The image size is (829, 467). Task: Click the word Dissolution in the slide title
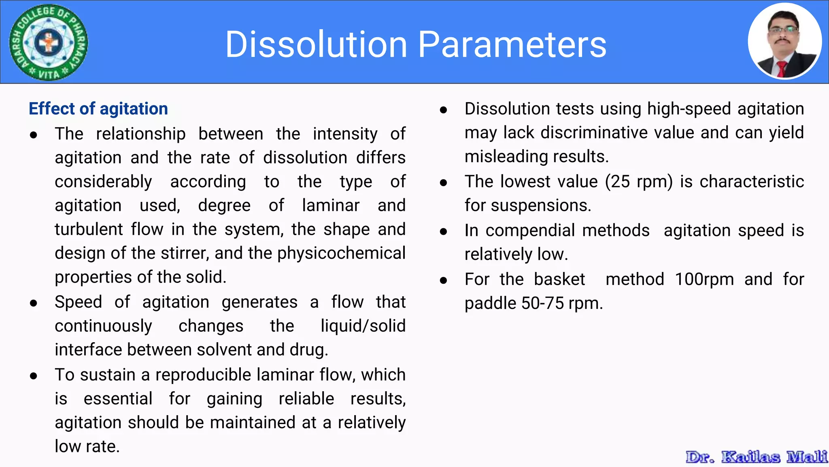pos(316,44)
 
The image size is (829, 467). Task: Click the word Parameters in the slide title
pos(512,44)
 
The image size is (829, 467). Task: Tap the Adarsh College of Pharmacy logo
pos(49,42)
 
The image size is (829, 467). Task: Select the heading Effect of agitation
pos(98,109)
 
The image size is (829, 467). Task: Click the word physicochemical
pos(341,253)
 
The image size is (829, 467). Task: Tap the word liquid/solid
pos(363,326)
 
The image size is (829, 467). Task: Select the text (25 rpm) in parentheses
pos(639,182)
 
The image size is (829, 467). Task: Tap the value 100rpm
pos(704,280)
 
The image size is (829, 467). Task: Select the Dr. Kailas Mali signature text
pos(756,457)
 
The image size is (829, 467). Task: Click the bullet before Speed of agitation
pos(34,303)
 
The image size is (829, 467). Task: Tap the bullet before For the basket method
pos(443,280)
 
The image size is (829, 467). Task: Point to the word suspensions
pos(541,206)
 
